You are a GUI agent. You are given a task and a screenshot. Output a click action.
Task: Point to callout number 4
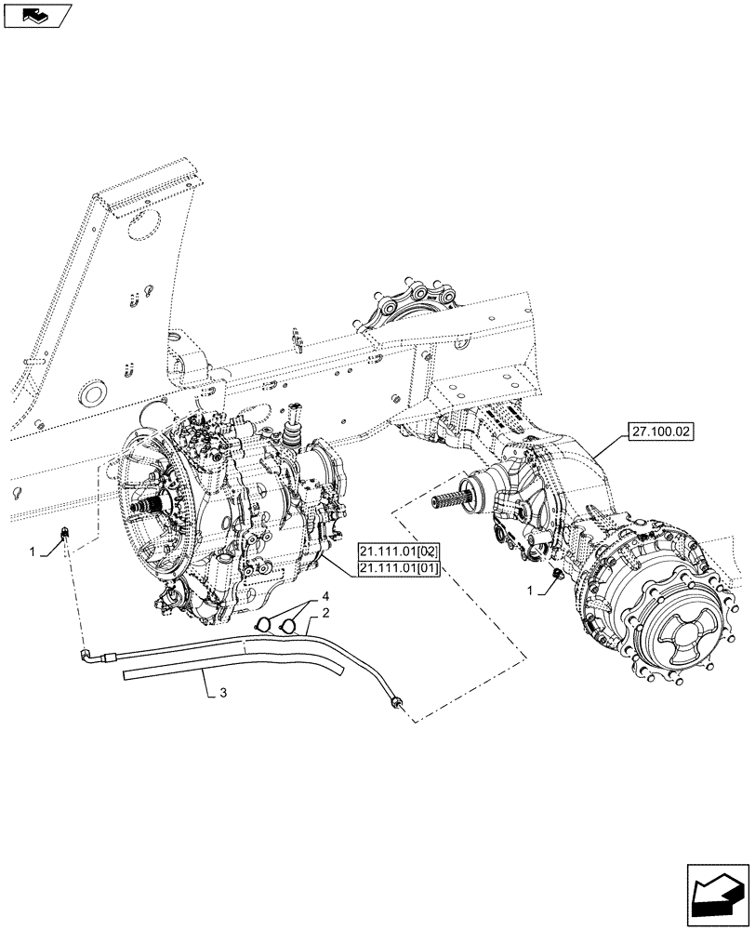pyautogui.click(x=325, y=595)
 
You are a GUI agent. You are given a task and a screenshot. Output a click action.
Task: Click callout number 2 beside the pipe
pyautogui.click(x=327, y=614)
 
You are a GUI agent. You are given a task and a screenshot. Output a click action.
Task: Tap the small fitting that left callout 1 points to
pyautogui.click(x=67, y=533)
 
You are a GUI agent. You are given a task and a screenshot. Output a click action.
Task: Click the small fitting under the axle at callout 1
pyautogui.click(x=557, y=578)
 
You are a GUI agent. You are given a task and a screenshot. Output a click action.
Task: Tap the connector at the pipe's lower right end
pyautogui.click(x=397, y=705)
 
